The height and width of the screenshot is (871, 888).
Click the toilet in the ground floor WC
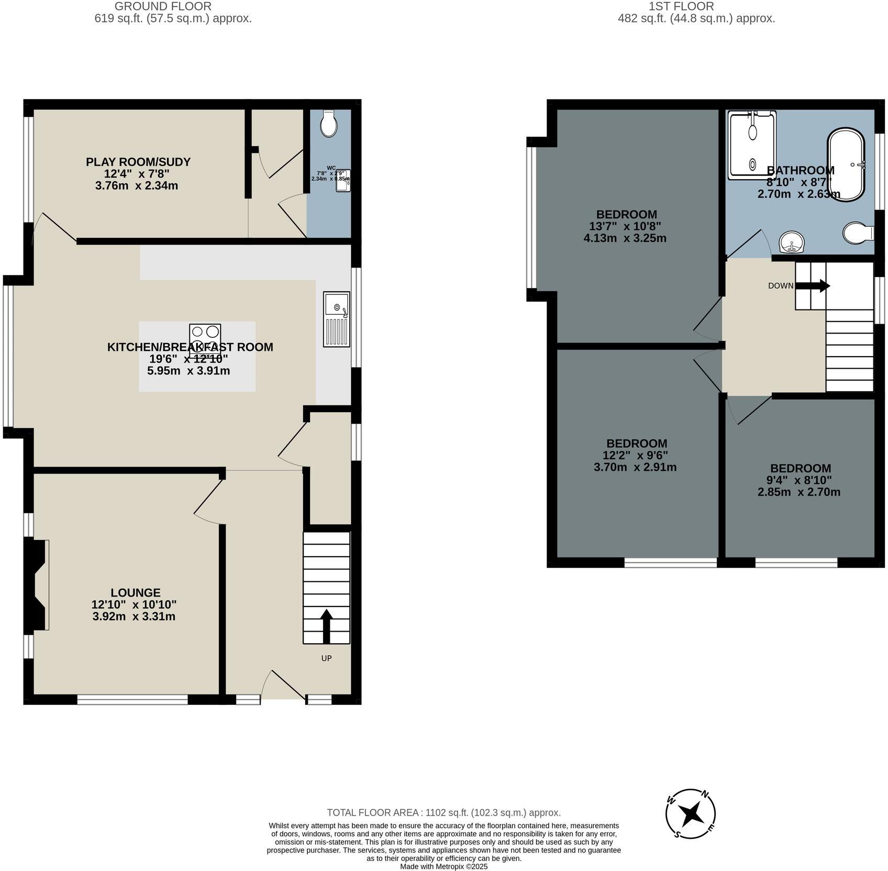[329, 124]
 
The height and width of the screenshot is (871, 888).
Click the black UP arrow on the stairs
[326, 626]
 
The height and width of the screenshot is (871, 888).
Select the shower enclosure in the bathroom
[752, 145]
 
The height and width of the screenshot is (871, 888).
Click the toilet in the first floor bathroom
[858, 232]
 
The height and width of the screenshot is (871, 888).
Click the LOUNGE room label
[135, 592]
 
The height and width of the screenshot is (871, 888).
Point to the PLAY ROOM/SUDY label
[138, 162]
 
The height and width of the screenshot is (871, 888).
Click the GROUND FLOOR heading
[163, 7]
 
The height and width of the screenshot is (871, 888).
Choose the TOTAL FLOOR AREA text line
[443, 812]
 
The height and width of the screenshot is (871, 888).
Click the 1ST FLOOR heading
[681, 7]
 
